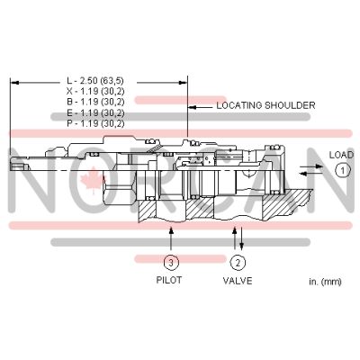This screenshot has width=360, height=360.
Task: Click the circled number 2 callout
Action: pos(237,263)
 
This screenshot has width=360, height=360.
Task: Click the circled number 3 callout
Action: pos(170,263)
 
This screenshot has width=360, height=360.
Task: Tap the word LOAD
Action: pos(341,154)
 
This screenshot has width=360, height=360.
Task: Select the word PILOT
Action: pos(170,281)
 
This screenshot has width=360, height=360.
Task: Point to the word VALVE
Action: pos(237,281)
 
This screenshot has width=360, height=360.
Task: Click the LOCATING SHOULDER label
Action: pos(265,105)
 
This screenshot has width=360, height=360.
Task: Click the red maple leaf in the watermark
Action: pos(116,186)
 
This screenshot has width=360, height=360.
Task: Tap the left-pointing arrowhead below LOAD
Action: pos(301,174)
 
